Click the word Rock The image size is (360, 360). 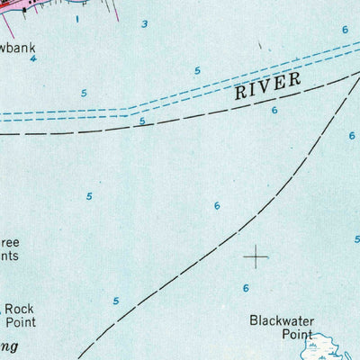(x=20, y=307)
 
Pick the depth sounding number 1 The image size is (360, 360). (x=77, y=18)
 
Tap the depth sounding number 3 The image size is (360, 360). (x=144, y=23)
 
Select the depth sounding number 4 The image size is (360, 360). (x=33, y=59)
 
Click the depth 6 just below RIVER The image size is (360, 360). (x=274, y=110)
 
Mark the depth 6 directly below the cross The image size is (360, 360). (x=245, y=288)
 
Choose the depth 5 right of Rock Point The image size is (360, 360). (x=115, y=301)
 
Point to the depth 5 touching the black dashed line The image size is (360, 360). (x=141, y=121)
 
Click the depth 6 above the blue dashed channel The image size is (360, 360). (x=345, y=30)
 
